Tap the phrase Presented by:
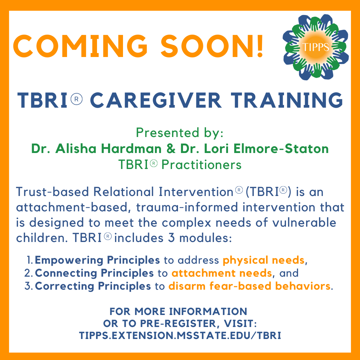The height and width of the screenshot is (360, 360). pyautogui.click(x=180, y=133)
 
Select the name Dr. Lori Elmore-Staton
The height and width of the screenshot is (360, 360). pyautogui.click(x=257, y=149)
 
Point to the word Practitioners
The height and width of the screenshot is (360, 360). pyautogui.click(x=201, y=165)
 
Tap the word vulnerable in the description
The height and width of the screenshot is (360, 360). pyautogui.click(x=304, y=222)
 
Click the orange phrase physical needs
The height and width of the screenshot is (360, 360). pyautogui.click(x=264, y=260)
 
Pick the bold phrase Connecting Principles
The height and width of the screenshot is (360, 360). pyautogui.click(x=94, y=273)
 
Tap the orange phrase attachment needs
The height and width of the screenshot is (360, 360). pyautogui.click(x=222, y=273)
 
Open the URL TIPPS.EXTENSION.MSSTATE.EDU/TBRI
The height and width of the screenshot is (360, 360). pyautogui.click(x=180, y=335)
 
